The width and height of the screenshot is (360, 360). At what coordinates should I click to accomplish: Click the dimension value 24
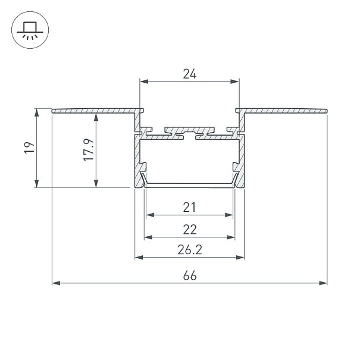click(189, 74)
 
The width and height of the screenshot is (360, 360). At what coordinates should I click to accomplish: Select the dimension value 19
click(29, 148)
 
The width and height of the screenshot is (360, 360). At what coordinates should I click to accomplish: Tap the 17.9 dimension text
click(89, 150)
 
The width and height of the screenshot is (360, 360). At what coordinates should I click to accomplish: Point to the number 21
click(189, 207)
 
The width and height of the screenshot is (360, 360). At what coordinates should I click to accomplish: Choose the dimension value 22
click(190, 229)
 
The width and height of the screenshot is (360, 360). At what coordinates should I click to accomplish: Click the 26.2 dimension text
click(190, 250)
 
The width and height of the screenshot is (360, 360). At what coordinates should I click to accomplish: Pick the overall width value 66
click(190, 276)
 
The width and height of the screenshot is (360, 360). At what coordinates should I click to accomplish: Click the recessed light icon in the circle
click(30, 30)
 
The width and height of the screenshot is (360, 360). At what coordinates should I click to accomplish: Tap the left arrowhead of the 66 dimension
click(57, 283)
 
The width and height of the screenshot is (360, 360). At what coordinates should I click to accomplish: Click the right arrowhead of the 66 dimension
click(323, 283)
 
